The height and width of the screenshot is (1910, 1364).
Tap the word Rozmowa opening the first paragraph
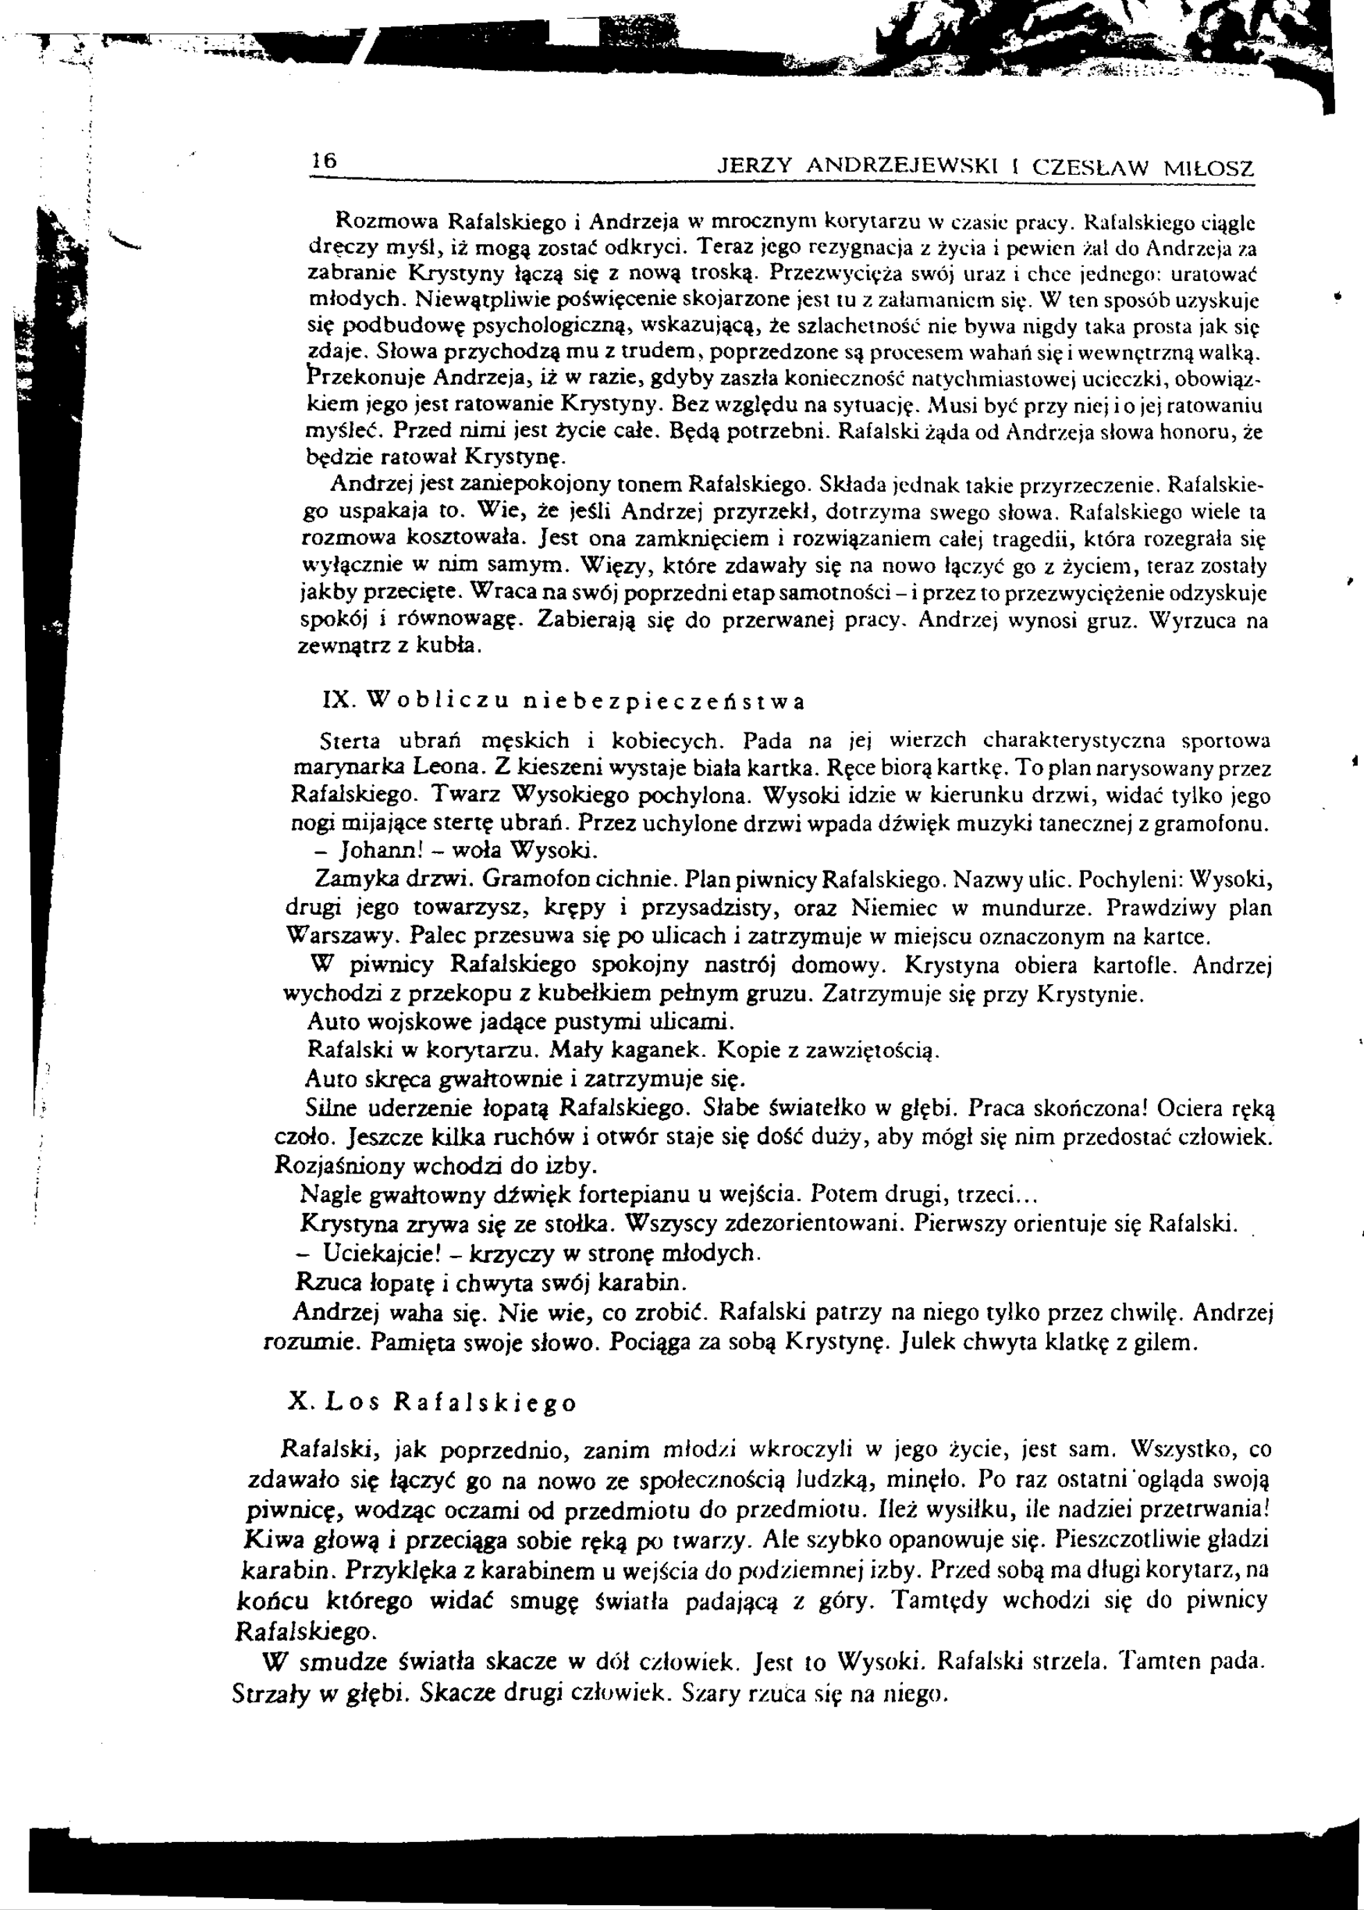[386, 223]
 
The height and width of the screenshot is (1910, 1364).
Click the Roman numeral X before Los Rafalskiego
[298, 1401]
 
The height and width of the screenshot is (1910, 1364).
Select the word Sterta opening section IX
[351, 741]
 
